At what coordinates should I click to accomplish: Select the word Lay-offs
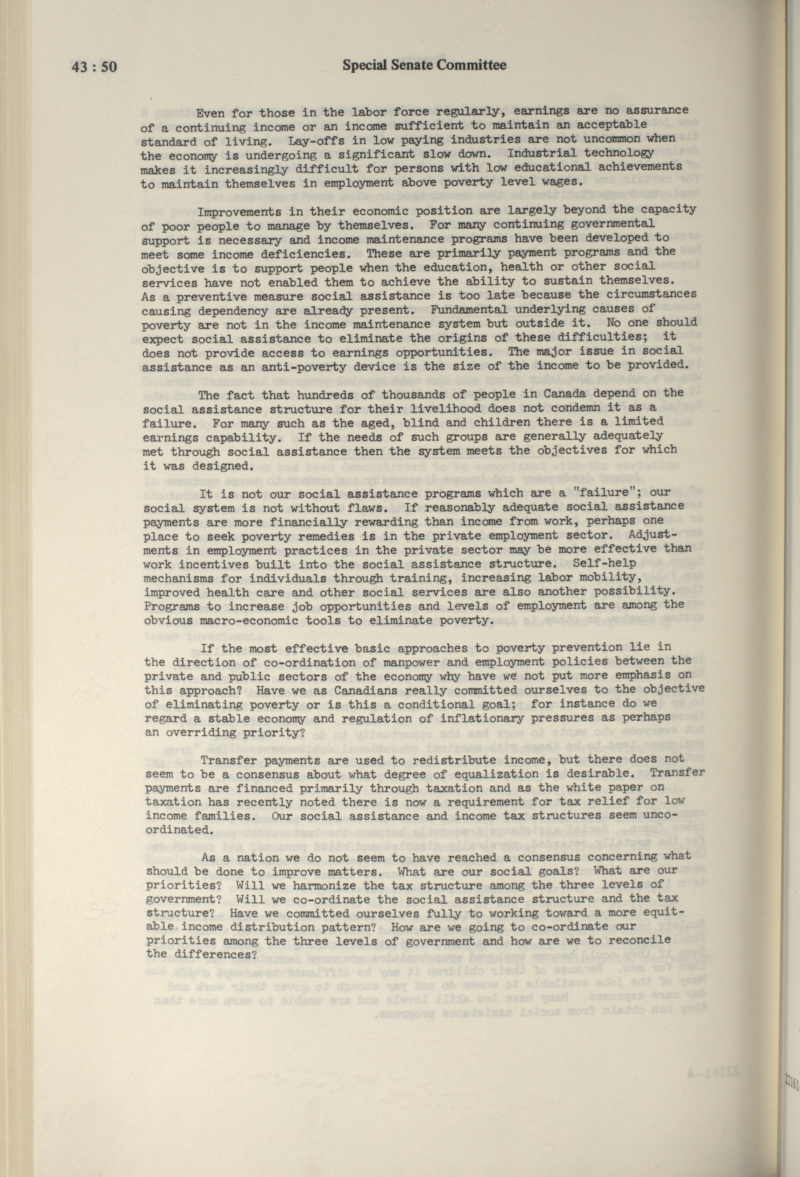pyautogui.click(x=314, y=139)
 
